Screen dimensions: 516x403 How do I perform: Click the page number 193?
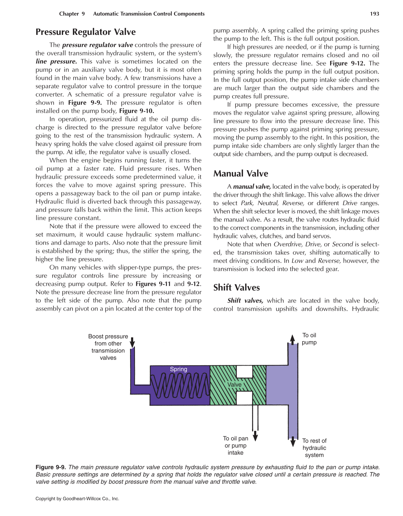[x=374, y=14]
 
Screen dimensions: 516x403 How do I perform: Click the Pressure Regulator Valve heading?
[x=85, y=32]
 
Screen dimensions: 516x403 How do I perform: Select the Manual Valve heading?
[x=241, y=174]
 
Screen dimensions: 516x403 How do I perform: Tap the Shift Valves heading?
[x=236, y=288]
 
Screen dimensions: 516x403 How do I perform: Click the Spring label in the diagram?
[x=178, y=369]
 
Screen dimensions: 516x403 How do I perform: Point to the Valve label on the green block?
[x=234, y=384]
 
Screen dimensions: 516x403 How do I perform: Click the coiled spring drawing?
[x=180, y=386]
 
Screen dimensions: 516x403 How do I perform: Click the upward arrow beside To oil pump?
[x=292, y=339]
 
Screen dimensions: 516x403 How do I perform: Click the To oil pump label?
[x=309, y=339]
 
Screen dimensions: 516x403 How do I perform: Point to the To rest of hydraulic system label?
[x=314, y=448]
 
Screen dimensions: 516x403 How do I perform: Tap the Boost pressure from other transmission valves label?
[x=108, y=347]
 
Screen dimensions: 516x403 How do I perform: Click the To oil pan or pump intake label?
[x=236, y=446]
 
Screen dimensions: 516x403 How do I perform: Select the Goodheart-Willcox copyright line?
[x=77, y=499]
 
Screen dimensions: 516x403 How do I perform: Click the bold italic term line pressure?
[x=56, y=61]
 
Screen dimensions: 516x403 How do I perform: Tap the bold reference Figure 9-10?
[x=137, y=111]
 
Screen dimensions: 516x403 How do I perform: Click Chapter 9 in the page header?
[x=72, y=14]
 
